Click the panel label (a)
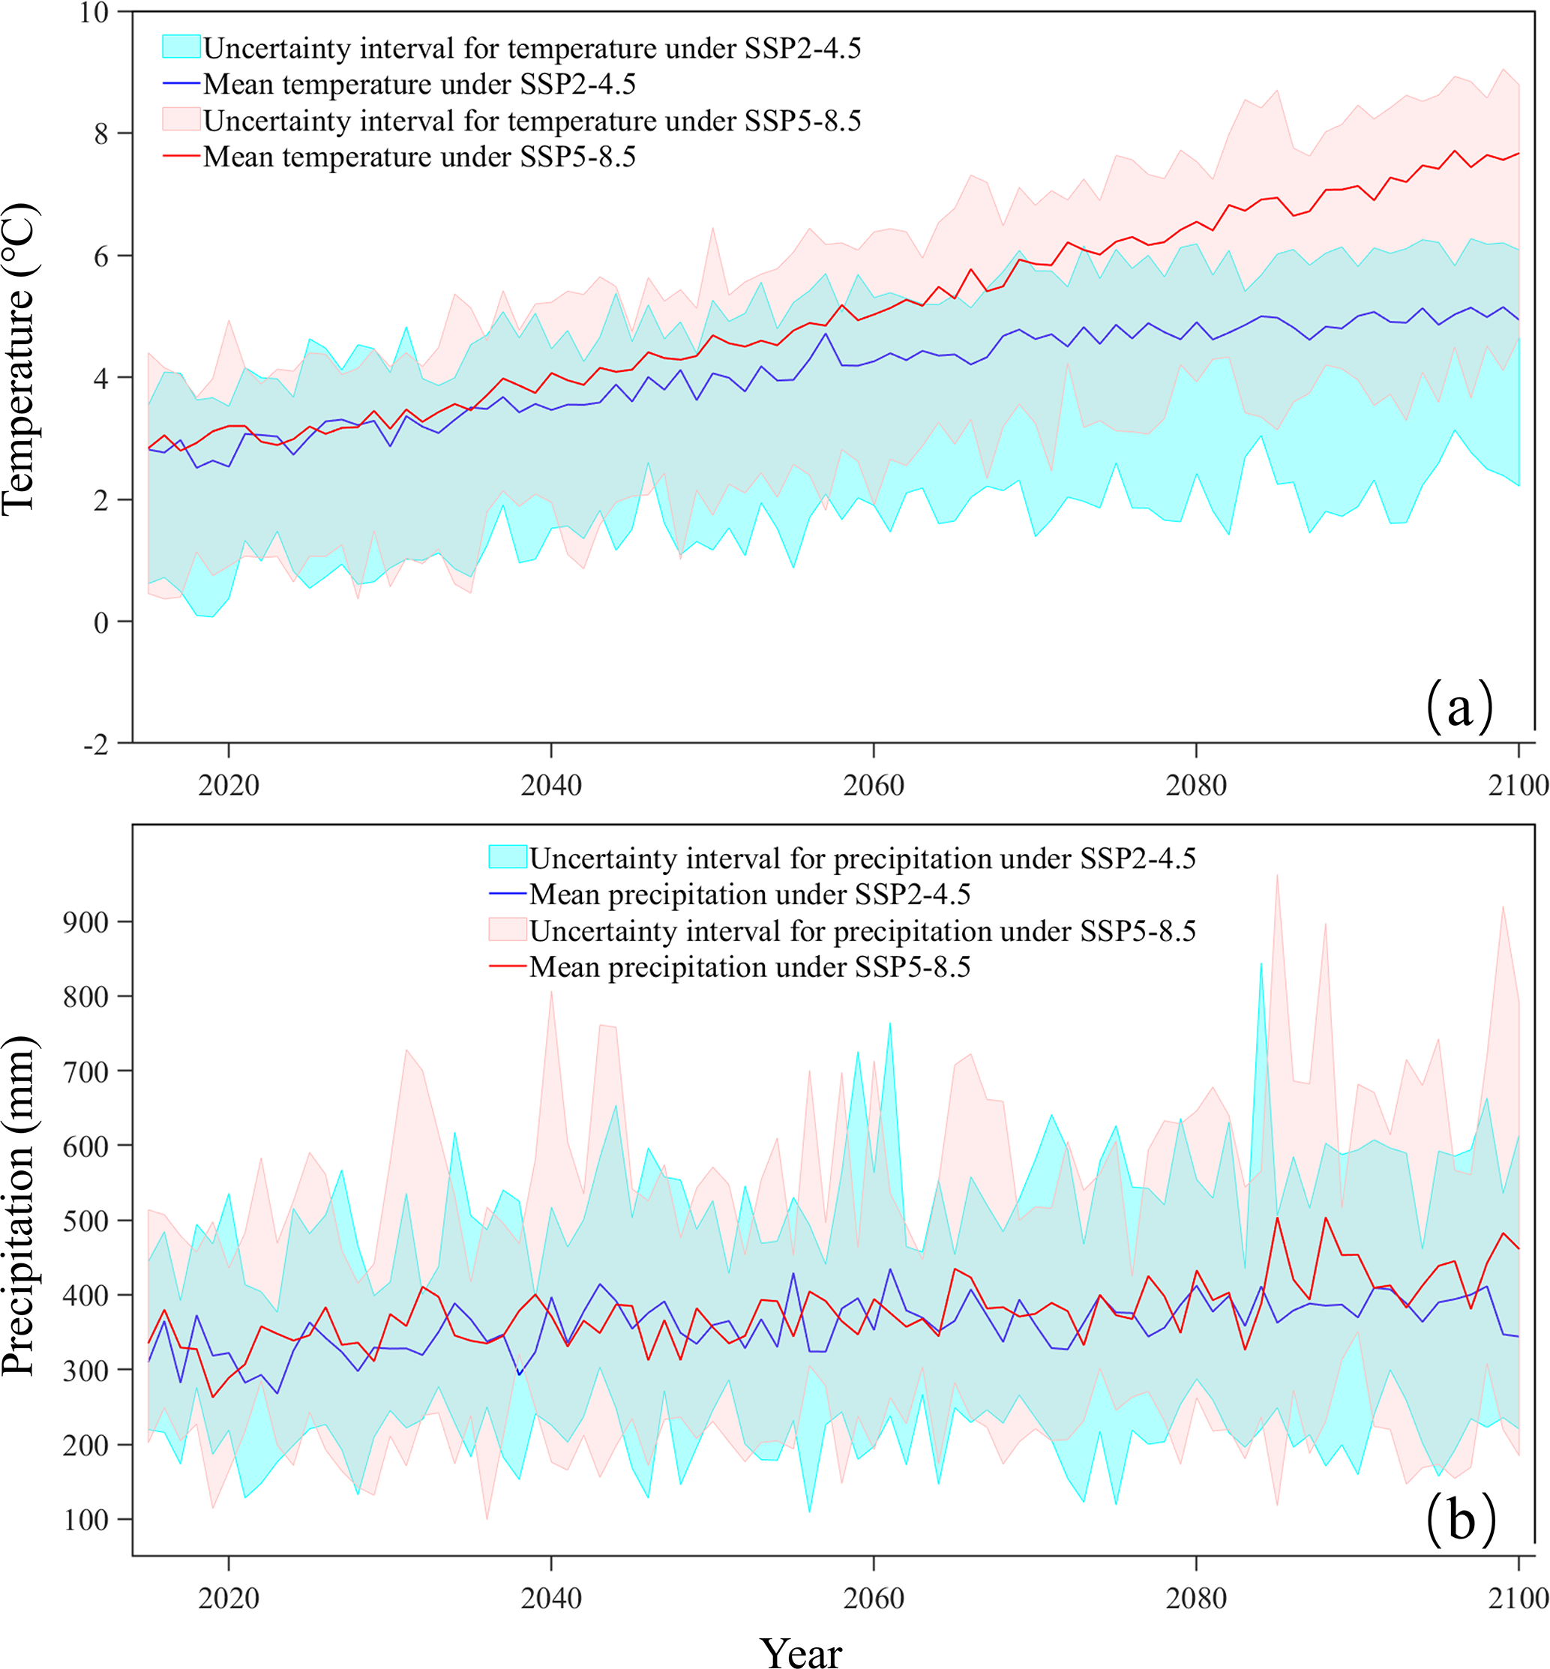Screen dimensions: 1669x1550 pyautogui.click(x=1459, y=706)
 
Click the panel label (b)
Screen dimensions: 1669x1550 pyautogui.click(x=1460, y=1519)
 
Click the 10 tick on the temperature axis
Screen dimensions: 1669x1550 pyautogui.click(x=94, y=13)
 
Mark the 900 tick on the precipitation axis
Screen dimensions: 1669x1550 pyautogui.click(x=85, y=922)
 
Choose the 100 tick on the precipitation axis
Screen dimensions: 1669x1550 pyautogui.click(x=85, y=1520)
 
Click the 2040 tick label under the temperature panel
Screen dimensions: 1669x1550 pyautogui.click(x=551, y=785)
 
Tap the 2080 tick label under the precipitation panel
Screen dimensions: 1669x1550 pyautogui.click(x=1196, y=1598)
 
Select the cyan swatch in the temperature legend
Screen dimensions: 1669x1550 pyautogui.click(x=181, y=47)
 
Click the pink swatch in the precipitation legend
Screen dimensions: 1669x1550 pyautogui.click(x=508, y=929)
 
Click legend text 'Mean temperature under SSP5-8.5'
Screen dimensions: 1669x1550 pyautogui.click(x=419, y=157)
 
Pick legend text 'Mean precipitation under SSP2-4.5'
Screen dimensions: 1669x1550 pyautogui.click(x=750, y=894)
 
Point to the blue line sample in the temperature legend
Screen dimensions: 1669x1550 pyautogui.click(x=181, y=84)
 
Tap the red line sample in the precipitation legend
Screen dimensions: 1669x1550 pyautogui.click(x=508, y=966)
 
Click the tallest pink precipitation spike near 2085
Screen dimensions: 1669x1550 pyautogui.click(x=1276, y=876)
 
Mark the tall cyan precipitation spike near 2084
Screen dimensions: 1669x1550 pyautogui.click(x=1261, y=964)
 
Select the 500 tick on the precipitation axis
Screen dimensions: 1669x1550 pyautogui.click(x=85, y=1221)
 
